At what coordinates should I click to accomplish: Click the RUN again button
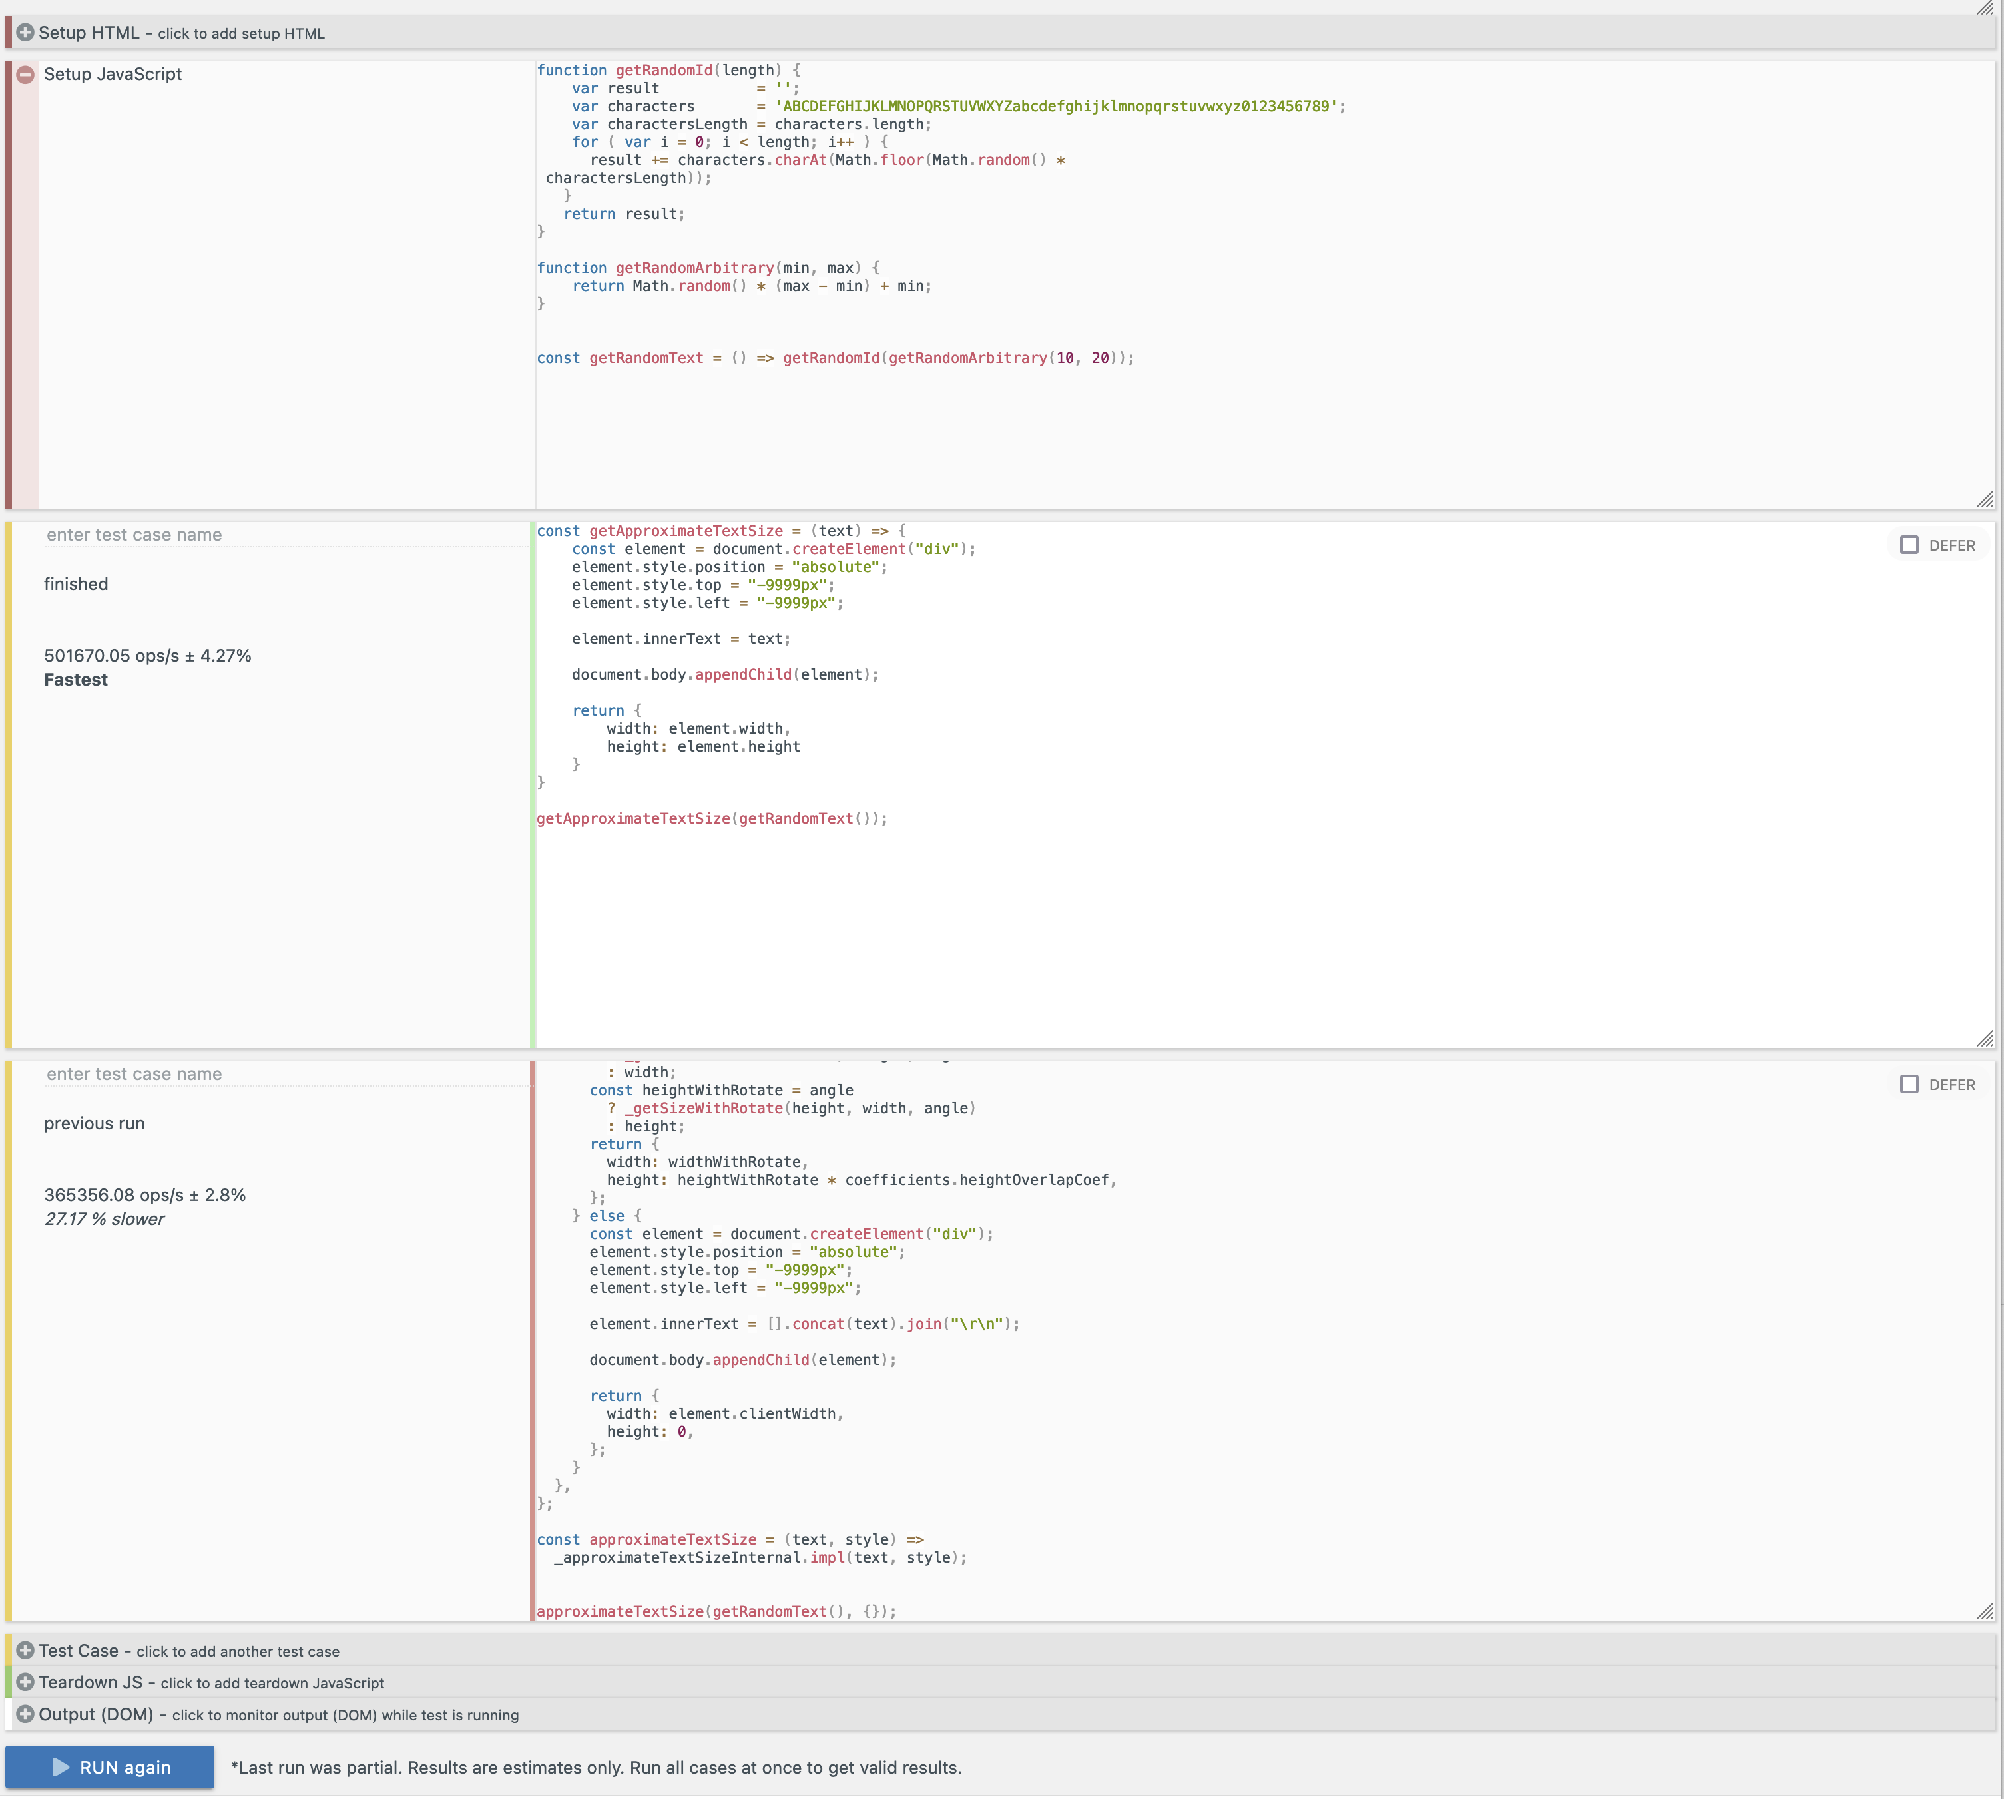[x=110, y=1766]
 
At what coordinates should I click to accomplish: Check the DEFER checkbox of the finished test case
[x=1908, y=545]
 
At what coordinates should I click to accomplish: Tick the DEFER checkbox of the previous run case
[x=1908, y=1085]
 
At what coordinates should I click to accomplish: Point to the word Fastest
[x=76, y=680]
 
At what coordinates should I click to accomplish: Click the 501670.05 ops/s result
[x=147, y=655]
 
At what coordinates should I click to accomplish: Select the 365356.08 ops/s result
[x=144, y=1195]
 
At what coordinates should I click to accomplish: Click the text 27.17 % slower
[x=104, y=1219]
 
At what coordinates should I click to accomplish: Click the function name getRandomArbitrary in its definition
[x=694, y=268]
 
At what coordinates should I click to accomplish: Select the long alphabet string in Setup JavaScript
[x=1057, y=106]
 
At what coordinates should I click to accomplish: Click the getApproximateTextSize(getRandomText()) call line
[x=712, y=818]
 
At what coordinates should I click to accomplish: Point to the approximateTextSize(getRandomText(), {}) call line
[x=716, y=1611]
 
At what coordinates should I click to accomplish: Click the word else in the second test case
[x=607, y=1216]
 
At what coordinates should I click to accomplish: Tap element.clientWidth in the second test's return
[x=751, y=1413]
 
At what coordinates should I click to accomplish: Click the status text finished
[x=76, y=584]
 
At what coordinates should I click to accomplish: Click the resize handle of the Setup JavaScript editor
[x=1984, y=499]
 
